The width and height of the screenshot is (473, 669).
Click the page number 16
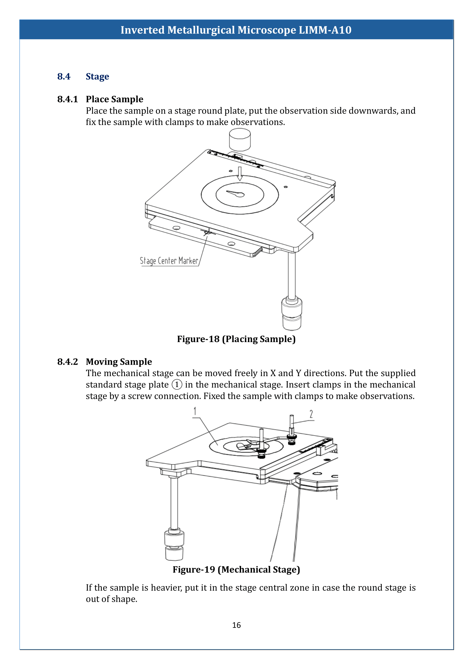click(236, 625)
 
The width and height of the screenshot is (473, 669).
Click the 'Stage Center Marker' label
click(169, 261)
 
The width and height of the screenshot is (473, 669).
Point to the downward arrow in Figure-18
click(240, 174)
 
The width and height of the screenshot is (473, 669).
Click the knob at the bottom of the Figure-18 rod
click(291, 314)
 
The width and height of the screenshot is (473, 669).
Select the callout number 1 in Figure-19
click(195, 411)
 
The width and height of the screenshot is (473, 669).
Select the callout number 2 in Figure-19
click(311, 414)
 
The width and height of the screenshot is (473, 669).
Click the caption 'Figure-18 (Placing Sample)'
click(236, 339)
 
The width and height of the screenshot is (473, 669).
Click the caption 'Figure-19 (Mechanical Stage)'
click(236, 569)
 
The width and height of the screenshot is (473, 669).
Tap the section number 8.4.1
click(67, 99)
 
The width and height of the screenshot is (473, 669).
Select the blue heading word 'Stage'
click(97, 76)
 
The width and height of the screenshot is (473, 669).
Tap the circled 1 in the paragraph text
click(177, 385)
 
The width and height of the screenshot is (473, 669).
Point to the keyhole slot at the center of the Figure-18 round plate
click(236, 194)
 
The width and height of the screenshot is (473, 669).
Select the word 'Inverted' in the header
click(142, 30)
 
